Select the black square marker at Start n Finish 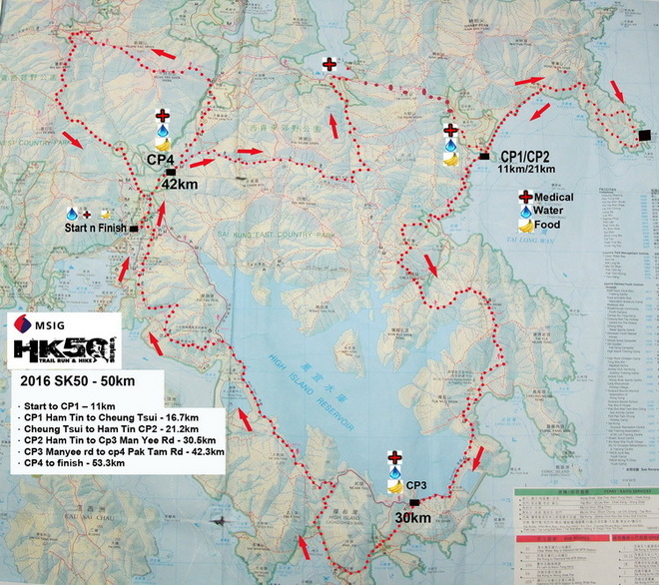134,228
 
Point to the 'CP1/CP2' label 527,156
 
